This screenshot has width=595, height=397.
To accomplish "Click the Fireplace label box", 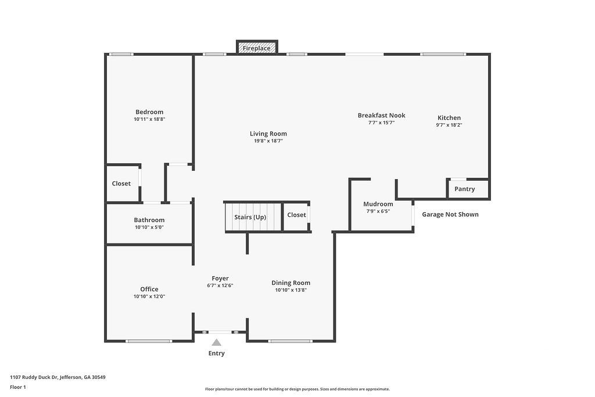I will pos(257,48).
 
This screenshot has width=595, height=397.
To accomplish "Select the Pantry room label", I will pos(464,189).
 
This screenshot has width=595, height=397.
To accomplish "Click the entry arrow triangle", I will pos(216,343).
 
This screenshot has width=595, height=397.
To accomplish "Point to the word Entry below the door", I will pos(216,353).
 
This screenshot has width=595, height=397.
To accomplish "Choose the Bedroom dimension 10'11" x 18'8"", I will pos(149,119).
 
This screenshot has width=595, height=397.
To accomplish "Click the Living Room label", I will pos(268,134).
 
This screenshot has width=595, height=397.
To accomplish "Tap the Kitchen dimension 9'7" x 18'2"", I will pos(449,125).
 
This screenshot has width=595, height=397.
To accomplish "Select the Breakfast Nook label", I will pos(381,115).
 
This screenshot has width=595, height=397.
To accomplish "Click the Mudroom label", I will pos(378,204).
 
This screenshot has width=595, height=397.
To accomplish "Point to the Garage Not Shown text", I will pos(450,214).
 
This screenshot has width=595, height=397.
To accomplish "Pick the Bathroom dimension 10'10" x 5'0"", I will pos(149,227).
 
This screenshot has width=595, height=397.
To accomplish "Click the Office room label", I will pos(149,289).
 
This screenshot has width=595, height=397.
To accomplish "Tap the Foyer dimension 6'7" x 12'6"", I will pos(220,286).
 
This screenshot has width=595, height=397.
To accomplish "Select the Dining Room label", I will pos(291,283).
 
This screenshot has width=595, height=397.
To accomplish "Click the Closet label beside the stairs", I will pos(296,215).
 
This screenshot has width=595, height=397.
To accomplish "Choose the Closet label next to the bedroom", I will pos(121,184).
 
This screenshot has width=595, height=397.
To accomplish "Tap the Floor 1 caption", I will pos(18,387).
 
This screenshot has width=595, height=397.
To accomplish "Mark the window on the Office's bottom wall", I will pos(149,341).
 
